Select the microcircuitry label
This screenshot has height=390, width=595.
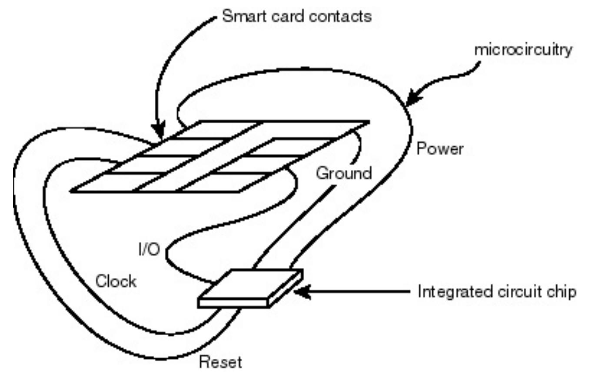523,50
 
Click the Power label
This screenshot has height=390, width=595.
440,149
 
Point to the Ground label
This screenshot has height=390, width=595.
344,173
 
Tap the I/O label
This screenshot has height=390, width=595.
150,249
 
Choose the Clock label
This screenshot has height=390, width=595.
116,281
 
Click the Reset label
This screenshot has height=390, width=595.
220,362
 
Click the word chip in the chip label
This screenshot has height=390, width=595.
562,292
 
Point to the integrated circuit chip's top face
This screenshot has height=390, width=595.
251,284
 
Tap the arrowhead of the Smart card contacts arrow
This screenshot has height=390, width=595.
159,131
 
